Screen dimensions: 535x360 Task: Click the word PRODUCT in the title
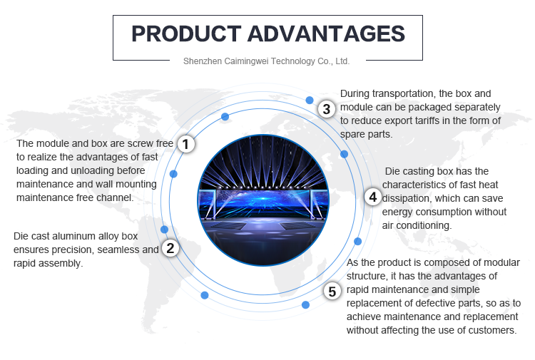tap(186, 34)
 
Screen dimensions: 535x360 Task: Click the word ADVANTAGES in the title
tap(326, 34)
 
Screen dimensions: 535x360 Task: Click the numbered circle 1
tap(186, 144)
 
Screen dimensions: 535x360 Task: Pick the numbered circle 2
tap(170, 248)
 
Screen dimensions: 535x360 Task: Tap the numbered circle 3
tap(327, 109)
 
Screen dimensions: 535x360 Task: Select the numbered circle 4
tap(373, 197)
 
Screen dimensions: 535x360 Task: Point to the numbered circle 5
tap(332, 292)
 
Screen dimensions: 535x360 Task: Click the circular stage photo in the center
tap(263, 200)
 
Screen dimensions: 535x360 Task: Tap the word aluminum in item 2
tap(74, 236)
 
